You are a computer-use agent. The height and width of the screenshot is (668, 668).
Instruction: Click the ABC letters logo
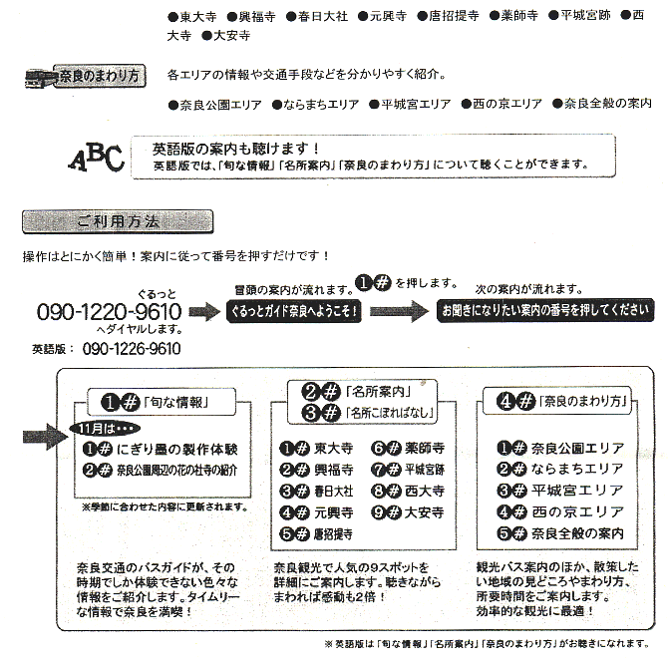click(x=96, y=158)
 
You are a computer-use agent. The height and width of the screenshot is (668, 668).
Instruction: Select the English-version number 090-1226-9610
click(x=132, y=349)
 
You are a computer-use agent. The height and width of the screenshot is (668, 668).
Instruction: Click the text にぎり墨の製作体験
click(x=180, y=449)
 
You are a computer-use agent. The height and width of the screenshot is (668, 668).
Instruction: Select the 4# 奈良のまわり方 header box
click(x=549, y=402)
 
